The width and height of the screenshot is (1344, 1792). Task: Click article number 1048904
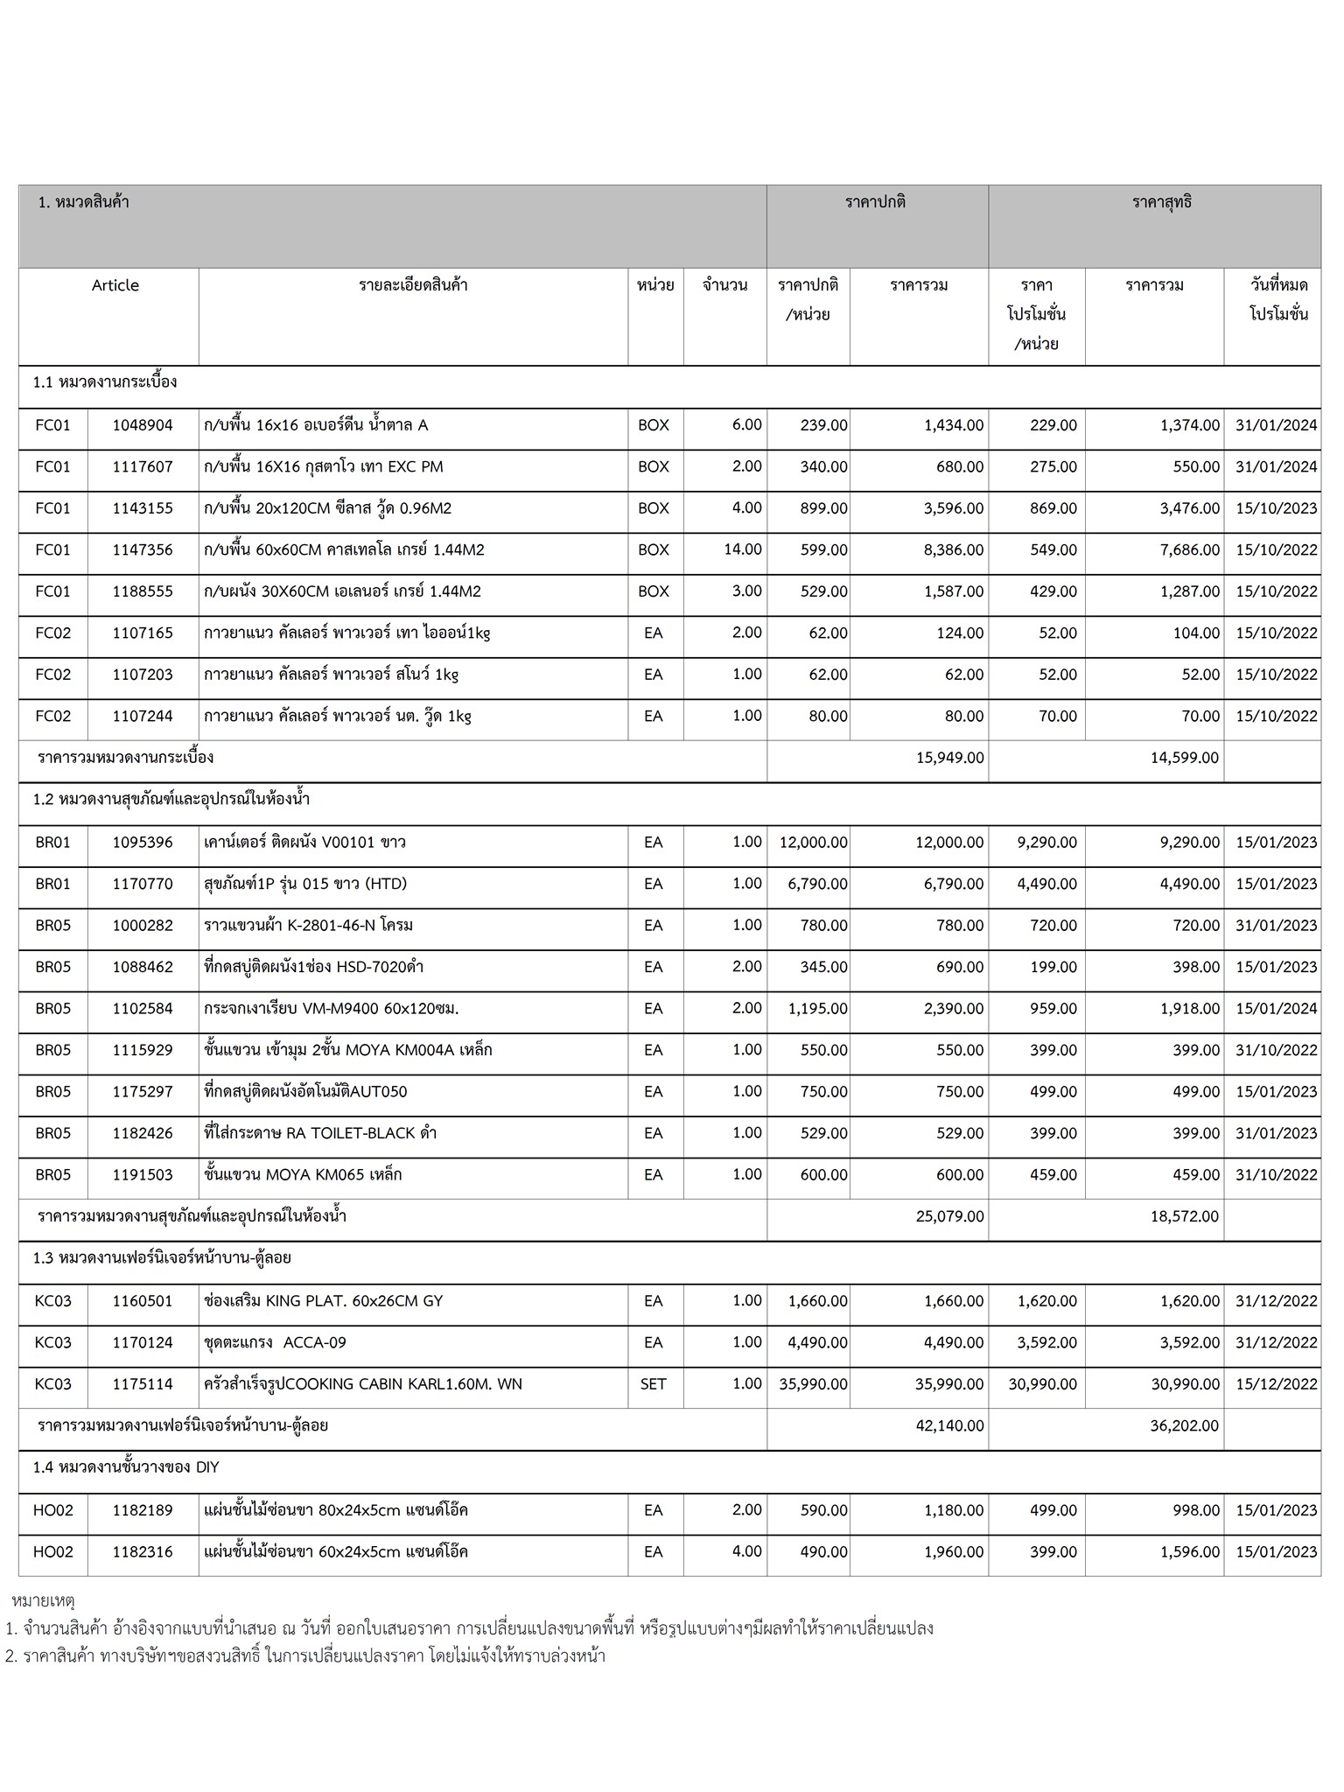143,425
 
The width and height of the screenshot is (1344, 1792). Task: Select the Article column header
115,285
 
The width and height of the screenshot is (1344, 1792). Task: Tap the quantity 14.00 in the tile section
744,549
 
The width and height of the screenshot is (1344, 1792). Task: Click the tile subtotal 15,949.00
949,758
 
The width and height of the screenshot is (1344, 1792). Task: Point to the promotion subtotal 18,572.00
1184,1216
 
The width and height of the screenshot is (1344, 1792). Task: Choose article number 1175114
143,1384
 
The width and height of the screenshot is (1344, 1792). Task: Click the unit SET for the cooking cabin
653,1384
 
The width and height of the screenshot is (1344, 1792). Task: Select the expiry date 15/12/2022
1276,1384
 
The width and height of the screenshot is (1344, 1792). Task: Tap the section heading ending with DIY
126,1467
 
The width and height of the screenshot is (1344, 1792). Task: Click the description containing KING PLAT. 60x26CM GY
323,1301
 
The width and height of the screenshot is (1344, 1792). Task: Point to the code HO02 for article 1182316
53,1552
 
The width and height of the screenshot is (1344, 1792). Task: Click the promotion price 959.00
1053,1009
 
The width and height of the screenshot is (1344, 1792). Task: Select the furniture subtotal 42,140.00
949,1426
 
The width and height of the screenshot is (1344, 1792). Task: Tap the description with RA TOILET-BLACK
319,1133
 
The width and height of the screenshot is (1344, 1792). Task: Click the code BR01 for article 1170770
53,884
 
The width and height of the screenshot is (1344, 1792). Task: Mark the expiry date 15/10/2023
1276,508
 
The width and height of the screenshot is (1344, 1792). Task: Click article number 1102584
143,1009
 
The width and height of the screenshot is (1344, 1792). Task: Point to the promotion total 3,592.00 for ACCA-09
1190,1343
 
